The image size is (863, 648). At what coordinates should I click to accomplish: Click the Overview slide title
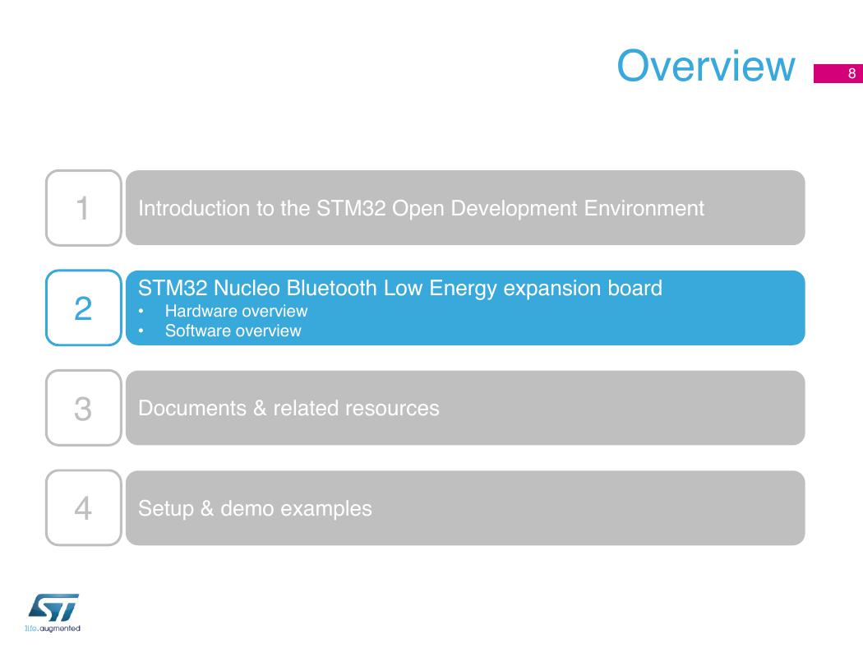click(x=705, y=66)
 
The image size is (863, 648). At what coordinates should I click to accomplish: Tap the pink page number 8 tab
click(x=838, y=74)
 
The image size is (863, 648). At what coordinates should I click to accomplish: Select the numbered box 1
click(x=84, y=207)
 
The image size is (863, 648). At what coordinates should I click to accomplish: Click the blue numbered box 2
click(x=84, y=308)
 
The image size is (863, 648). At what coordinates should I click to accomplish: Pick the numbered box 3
click(x=84, y=408)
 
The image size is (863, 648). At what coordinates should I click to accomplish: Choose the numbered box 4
click(x=84, y=507)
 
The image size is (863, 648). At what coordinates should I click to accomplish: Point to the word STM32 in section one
click(x=351, y=208)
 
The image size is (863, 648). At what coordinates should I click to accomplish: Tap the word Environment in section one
click(x=644, y=208)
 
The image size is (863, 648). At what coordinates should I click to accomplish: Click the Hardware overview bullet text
click(x=236, y=311)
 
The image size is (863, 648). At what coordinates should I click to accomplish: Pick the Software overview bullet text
click(x=233, y=331)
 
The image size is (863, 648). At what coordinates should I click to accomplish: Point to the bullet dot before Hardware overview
click(x=141, y=312)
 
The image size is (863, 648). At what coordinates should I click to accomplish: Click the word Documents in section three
click(x=192, y=408)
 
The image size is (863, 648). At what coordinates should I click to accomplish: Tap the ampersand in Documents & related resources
click(x=260, y=408)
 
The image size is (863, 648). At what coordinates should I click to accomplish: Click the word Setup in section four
click(x=166, y=508)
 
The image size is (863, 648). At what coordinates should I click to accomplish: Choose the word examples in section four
click(x=326, y=508)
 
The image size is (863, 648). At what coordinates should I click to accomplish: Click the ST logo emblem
click(x=54, y=608)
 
